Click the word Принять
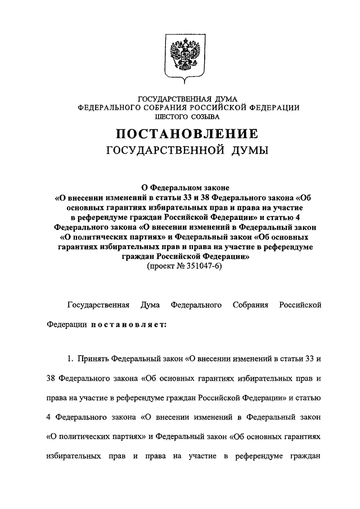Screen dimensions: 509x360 coord(94,358)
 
